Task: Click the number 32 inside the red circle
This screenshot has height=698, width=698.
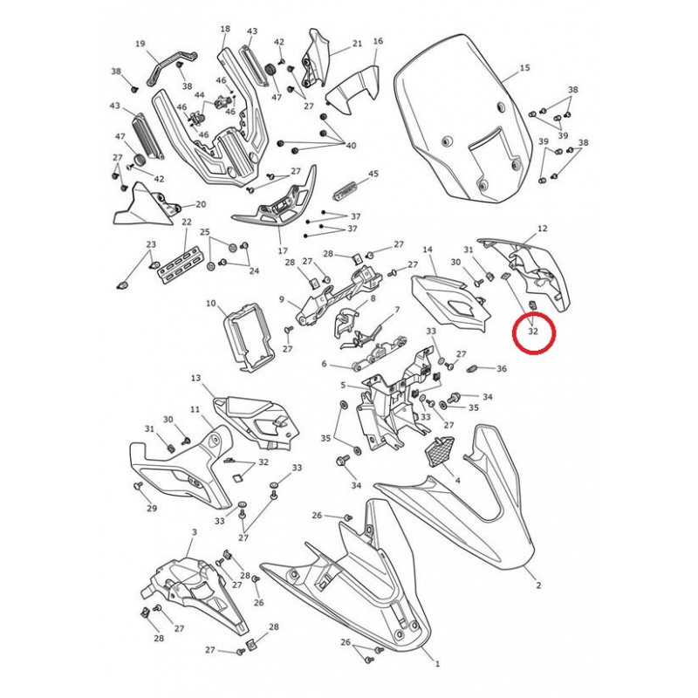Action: click(x=533, y=332)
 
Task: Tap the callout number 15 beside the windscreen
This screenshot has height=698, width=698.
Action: click(x=525, y=68)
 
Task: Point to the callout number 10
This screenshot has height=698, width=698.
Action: click(x=211, y=304)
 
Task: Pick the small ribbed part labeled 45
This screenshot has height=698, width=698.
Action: click(x=346, y=191)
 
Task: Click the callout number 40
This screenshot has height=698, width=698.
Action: click(x=351, y=145)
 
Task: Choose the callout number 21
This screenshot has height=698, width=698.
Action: click(x=358, y=44)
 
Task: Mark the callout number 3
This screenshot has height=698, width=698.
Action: click(x=194, y=532)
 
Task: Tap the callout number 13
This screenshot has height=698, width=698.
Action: click(x=195, y=378)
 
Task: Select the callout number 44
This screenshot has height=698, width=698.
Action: click(x=200, y=95)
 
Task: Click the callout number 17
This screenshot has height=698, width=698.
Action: click(x=283, y=251)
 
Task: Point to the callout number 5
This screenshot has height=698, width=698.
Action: click(x=343, y=385)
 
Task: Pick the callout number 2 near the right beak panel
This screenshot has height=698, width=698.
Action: click(x=538, y=585)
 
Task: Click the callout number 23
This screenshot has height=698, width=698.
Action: click(x=151, y=244)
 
